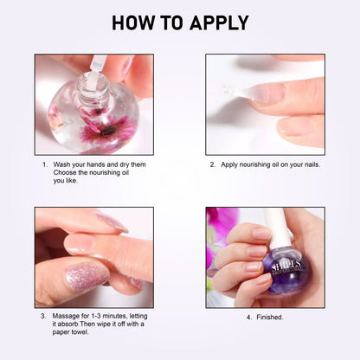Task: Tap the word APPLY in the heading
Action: click(217, 22)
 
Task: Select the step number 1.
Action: click(44, 164)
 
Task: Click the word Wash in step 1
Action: click(62, 164)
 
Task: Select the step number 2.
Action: click(212, 164)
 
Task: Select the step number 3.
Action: click(44, 316)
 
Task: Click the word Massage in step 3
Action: click(67, 316)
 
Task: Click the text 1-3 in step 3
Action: click(97, 316)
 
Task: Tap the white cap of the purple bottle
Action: click(277, 227)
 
